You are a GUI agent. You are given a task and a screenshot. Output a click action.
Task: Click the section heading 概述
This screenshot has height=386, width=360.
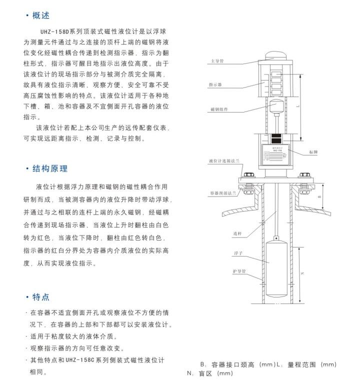click(41, 15)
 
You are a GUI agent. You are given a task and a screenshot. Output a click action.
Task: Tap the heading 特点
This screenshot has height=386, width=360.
click(41, 297)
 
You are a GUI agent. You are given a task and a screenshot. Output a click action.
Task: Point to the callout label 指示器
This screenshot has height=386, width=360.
click(216, 85)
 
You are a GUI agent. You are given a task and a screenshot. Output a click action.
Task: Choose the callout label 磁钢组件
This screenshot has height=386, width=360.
click(218, 109)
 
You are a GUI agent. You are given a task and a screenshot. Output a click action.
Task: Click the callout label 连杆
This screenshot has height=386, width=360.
click(236, 233)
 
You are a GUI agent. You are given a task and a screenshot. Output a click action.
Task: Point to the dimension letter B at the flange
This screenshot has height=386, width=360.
click(319, 197)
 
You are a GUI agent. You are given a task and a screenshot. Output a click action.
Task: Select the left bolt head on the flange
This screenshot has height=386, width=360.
click(248, 176)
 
